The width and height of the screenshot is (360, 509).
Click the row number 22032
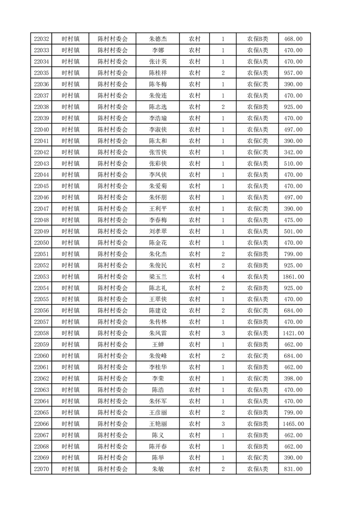41,39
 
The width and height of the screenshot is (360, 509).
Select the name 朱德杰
158,39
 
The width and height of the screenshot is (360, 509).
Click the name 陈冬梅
158,84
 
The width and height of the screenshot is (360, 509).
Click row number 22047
41,209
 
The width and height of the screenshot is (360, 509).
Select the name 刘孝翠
158,231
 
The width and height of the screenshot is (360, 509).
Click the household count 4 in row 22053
223,277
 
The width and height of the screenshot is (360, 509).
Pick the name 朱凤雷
158,333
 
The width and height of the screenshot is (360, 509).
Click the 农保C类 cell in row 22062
257,378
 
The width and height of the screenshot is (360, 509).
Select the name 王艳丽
158,424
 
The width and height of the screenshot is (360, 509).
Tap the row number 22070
41,469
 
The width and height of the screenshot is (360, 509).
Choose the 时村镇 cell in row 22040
70,130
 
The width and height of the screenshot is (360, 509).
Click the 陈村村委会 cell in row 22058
113,333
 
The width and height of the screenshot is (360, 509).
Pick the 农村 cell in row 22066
195,424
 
